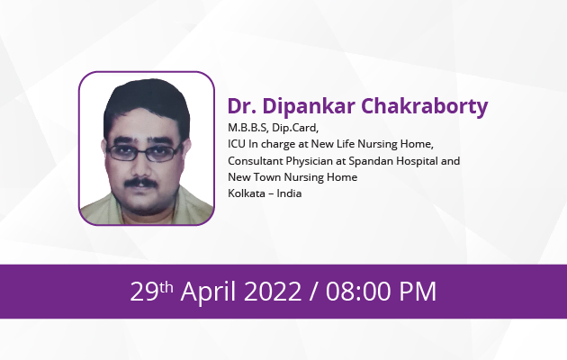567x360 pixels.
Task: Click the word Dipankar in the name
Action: point(309,107)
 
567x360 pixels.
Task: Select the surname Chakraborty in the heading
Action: point(425,107)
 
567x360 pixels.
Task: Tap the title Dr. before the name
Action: point(242,106)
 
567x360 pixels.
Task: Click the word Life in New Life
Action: point(346,144)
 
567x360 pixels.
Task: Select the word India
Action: point(289,193)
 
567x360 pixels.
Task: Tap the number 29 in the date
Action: point(144,292)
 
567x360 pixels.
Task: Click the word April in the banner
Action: point(208,292)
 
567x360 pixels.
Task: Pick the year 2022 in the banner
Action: point(273,292)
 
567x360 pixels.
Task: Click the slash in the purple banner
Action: point(314,292)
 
